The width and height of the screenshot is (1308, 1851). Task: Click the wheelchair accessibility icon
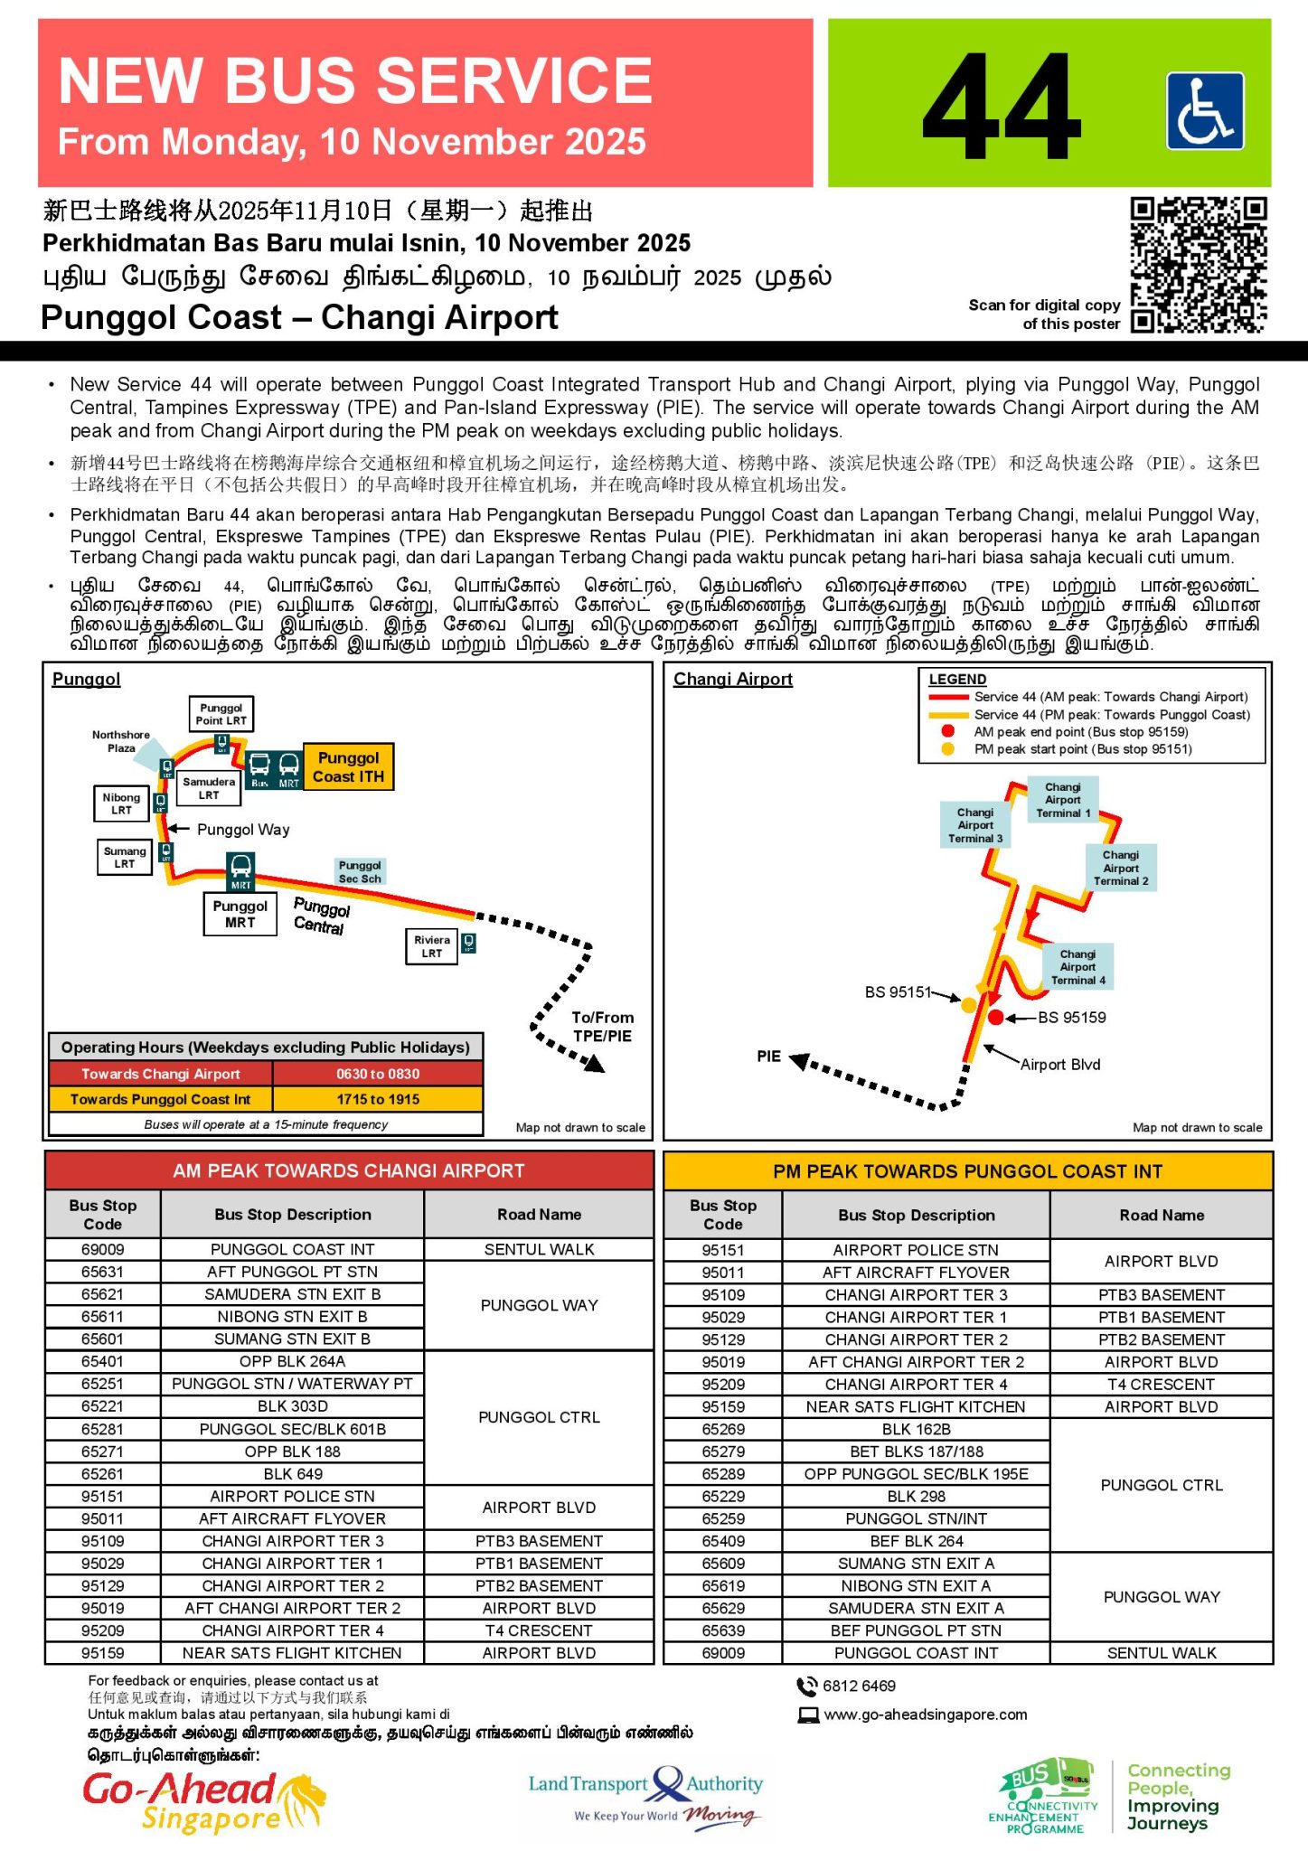pos(1205,110)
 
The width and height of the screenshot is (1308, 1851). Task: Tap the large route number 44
pos(1002,107)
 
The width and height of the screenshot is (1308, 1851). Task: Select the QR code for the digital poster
pos(1198,265)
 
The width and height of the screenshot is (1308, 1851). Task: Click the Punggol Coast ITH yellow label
pos(349,767)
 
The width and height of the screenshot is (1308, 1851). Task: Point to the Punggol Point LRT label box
pos(221,714)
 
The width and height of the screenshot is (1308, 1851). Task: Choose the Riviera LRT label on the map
pos(432,946)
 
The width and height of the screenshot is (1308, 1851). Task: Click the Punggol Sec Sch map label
pos(360,872)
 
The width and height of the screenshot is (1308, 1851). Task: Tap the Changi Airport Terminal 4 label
pos(1077,967)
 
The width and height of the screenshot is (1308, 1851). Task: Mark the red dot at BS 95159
pos(996,1018)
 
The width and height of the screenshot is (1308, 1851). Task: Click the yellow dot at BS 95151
pos(968,1005)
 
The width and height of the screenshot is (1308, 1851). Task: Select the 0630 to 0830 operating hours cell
pos(378,1074)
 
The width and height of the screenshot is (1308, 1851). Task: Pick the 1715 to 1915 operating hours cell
pos(378,1099)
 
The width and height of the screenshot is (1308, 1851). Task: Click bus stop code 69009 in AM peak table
pos(103,1249)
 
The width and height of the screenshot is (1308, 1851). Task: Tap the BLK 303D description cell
pos(292,1406)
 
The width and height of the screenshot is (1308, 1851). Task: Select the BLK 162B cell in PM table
pos(916,1429)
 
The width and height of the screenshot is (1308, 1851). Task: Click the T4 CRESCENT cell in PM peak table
pos(1162,1384)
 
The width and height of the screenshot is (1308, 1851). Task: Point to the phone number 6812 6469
pos(859,1686)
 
